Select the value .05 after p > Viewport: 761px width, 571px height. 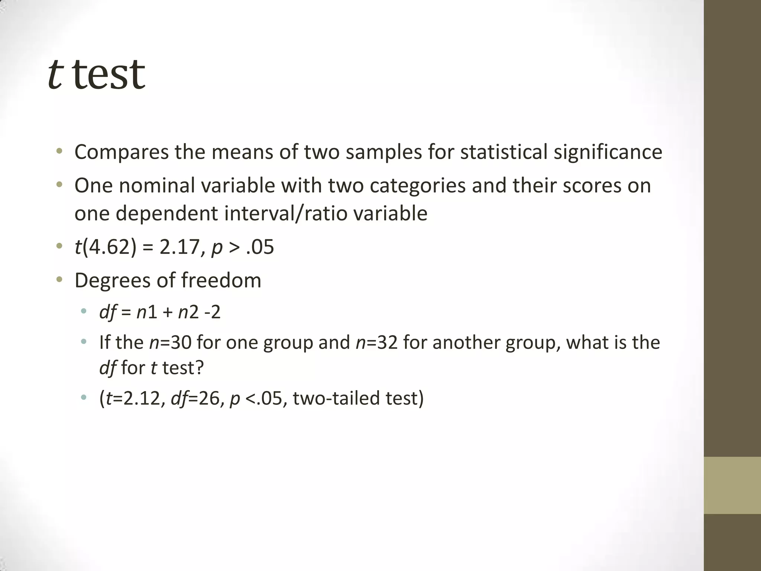(260, 247)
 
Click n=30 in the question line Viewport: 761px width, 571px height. (170, 342)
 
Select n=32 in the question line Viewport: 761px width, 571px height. (377, 342)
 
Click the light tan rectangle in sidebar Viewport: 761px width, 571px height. (732, 485)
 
